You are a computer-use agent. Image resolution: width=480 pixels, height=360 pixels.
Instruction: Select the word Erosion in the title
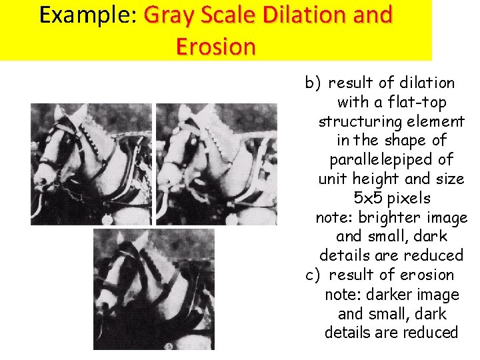[215, 47]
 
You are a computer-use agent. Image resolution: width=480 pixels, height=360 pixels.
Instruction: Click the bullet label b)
[313, 83]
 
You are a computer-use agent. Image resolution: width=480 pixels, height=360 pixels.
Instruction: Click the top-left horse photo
[91, 164]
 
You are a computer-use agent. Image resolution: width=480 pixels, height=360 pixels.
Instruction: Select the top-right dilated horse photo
[216, 164]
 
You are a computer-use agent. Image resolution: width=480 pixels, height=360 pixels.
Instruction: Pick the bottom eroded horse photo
[153, 289]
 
